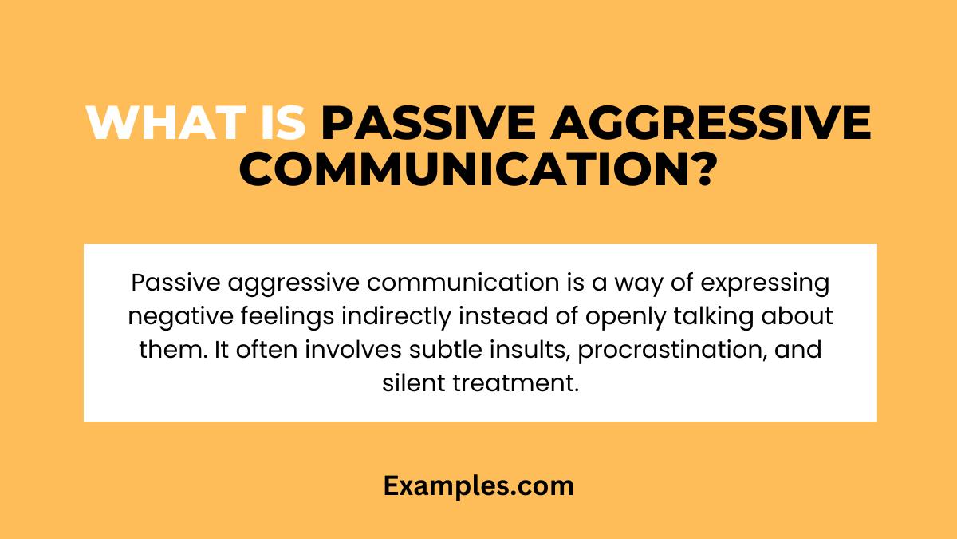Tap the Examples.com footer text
point(478,485)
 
